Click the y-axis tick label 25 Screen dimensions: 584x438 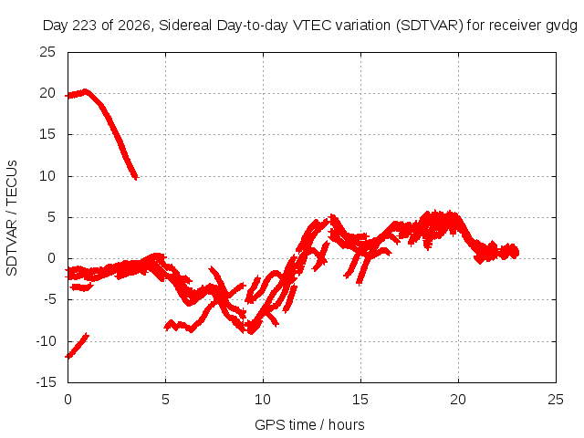47,52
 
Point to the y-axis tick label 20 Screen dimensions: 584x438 47,93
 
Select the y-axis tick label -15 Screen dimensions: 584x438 47,382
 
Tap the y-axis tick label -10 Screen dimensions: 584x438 47,340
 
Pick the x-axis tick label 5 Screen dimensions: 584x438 165,400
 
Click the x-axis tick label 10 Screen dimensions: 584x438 263,400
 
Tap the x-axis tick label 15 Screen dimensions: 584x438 360,400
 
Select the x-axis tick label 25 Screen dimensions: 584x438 556,400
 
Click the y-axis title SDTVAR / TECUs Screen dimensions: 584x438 12,218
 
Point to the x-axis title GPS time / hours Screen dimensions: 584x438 309,424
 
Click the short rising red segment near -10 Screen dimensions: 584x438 77,346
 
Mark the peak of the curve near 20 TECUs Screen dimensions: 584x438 86,91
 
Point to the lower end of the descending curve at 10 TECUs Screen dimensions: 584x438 136,178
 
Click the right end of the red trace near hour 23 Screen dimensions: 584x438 516,253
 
